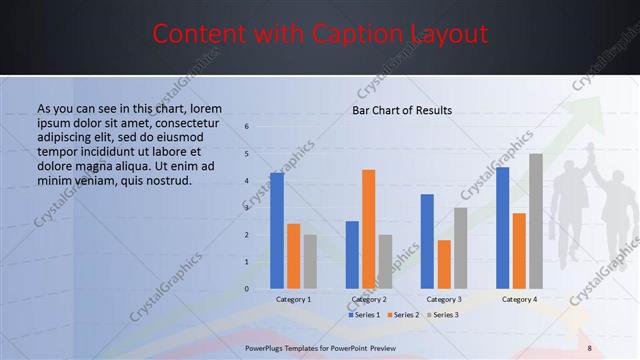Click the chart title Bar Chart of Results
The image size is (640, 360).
pyautogui.click(x=401, y=110)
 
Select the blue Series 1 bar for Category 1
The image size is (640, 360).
pyautogui.click(x=277, y=231)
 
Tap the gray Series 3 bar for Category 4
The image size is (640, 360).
pyautogui.click(x=536, y=221)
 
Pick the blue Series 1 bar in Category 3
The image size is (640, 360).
pyautogui.click(x=427, y=241)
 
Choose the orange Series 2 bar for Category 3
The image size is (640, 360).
pyautogui.click(x=444, y=264)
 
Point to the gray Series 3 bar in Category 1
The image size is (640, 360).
pyautogui.click(x=310, y=262)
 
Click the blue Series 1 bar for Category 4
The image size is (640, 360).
pyautogui.click(x=502, y=228)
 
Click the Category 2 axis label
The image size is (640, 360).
pyautogui.click(x=369, y=299)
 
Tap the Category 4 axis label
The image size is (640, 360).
pyautogui.click(x=519, y=299)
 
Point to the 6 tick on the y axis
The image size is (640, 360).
pyautogui.click(x=247, y=127)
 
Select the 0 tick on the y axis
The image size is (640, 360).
pyautogui.click(x=247, y=289)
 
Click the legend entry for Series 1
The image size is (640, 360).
pyautogui.click(x=364, y=315)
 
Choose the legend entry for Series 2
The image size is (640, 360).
pyautogui.click(x=402, y=315)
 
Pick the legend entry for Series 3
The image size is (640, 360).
pyautogui.click(x=441, y=315)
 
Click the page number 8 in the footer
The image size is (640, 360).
pyautogui.click(x=589, y=347)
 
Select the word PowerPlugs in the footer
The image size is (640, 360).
pyautogui.click(x=267, y=347)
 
